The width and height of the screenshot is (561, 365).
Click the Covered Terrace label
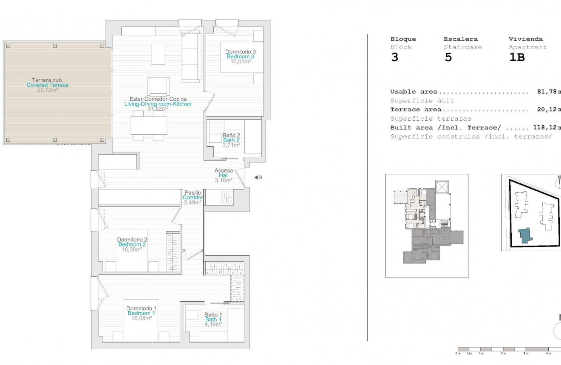(47, 85)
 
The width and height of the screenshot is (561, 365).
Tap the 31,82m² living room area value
(158, 109)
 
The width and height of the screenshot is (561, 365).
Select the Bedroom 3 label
(240, 57)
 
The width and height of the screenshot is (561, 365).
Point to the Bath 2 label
(231, 140)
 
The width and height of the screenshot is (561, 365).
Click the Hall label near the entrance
(224, 175)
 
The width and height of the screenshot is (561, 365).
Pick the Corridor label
(193, 198)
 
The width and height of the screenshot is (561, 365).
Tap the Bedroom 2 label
(132, 245)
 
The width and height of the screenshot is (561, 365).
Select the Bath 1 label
(213, 320)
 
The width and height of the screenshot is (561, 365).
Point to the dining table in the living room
(148, 125)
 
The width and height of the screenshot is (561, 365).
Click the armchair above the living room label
(158, 86)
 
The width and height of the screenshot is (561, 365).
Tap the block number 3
(395, 58)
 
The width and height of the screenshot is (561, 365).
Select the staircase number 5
(448, 58)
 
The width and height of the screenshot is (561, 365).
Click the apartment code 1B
(516, 58)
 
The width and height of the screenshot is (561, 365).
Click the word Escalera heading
(461, 39)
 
